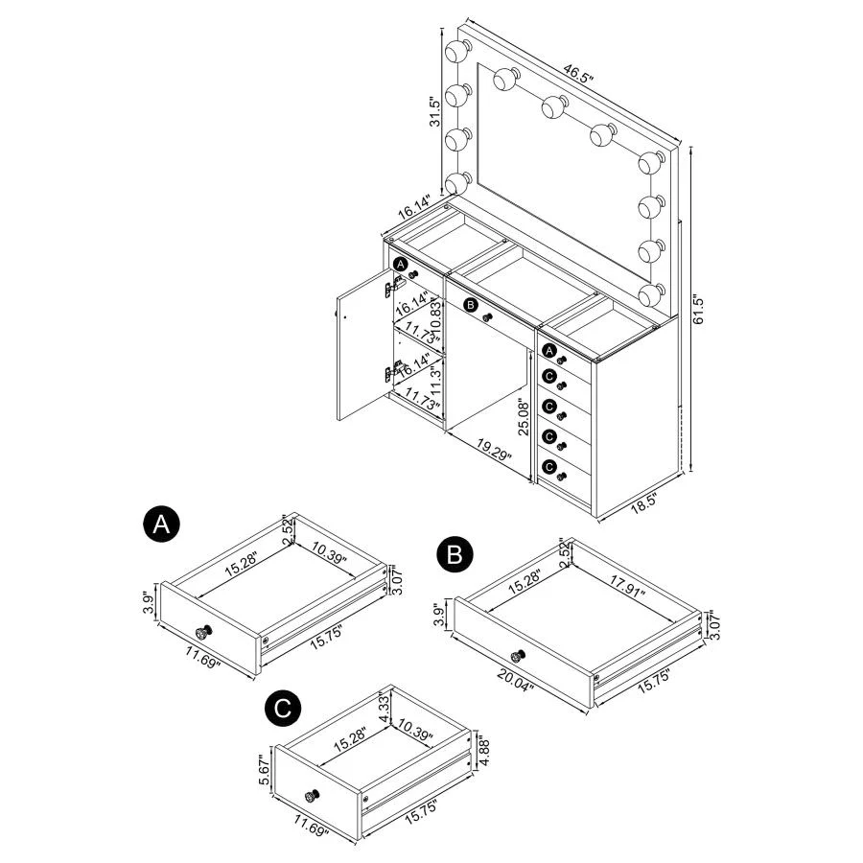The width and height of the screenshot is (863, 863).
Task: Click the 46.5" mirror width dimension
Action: (x=574, y=73)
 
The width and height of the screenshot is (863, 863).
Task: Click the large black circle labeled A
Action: (x=160, y=524)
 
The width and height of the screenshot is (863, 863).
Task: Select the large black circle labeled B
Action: (x=454, y=554)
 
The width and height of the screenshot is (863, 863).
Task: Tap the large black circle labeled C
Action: (x=280, y=709)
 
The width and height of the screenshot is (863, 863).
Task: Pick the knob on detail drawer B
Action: (x=517, y=656)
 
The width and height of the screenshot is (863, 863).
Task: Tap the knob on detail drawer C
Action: (x=313, y=794)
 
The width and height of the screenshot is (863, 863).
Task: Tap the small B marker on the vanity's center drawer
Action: (x=470, y=306)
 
